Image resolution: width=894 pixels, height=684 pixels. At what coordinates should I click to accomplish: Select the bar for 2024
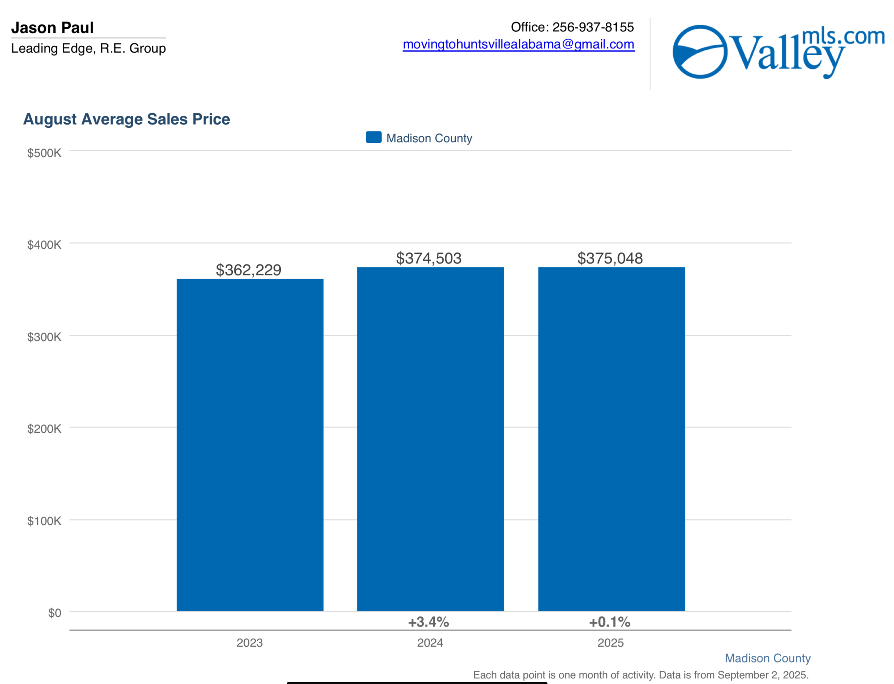(430, 439)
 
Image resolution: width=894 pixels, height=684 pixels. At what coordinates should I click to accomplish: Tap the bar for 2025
(611, 439)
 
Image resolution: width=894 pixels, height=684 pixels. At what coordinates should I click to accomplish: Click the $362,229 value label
(248, 270)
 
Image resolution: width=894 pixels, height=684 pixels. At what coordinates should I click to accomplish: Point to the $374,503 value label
(429, 258)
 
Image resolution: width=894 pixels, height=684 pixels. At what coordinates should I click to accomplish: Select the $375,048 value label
(610, 258)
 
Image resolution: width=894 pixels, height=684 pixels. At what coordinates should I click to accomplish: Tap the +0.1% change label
(609, 622)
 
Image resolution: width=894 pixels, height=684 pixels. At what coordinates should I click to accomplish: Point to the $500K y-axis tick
(44, 153)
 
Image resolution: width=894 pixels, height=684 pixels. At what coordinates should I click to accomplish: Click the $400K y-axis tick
(44, 245)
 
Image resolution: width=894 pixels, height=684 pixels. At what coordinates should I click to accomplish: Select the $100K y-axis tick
(44, 521)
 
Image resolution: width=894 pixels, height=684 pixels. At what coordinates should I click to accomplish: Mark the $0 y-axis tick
(54, 613)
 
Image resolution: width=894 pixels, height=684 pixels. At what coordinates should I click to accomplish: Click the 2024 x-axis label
(430, 642)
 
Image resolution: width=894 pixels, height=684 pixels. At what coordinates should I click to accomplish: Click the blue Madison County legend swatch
(373, 137)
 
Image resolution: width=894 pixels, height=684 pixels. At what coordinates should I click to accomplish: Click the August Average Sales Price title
(127, 119)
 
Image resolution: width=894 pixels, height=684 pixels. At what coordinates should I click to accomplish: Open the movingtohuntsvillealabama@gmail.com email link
(518, 44)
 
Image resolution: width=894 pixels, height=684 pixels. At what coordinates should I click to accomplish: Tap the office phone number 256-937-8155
(593, 27)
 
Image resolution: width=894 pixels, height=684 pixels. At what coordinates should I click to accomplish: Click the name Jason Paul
(53, 28)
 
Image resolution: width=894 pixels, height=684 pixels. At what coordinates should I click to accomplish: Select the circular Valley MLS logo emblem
(700, 52)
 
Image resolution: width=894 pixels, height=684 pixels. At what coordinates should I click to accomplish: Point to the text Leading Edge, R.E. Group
(88, 48)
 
